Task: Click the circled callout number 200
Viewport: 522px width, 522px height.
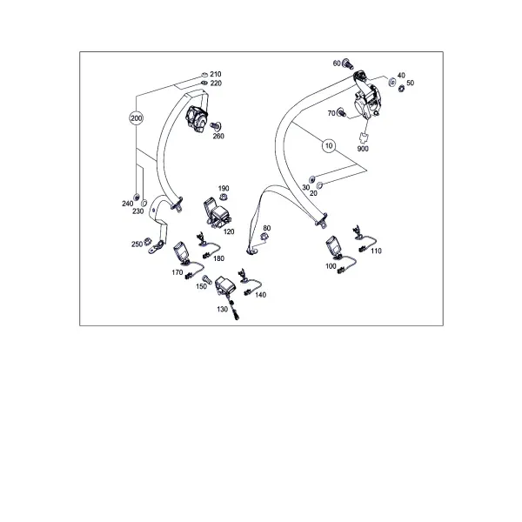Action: pos(137,118)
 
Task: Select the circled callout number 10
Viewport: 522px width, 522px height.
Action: pos(329,146)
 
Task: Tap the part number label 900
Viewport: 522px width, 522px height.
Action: pos(363,149)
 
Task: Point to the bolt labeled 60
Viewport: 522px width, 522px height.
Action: pos(347,64)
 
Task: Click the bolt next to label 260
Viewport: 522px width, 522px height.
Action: pos(217,126)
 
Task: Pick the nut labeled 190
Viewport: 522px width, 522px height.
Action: pos(224,197)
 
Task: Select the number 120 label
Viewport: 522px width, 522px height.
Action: pos(229,231)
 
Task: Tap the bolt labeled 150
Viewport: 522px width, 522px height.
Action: pos(207,279)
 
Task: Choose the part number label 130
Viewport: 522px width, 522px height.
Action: pos(223,309)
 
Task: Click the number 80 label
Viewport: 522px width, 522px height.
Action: pos(267,228)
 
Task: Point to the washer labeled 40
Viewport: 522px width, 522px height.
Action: pos(392,82)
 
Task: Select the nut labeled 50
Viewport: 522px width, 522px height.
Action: pos(401,88)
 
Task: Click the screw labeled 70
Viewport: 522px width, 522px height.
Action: pos(341,112)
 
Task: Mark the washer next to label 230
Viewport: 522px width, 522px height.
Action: pos(144,203)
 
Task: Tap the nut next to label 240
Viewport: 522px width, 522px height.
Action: pos(137,197)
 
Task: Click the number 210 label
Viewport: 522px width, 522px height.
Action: pos(216,74)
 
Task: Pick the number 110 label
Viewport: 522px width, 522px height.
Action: pos(376,251)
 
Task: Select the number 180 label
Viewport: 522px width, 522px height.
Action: pos(218,258)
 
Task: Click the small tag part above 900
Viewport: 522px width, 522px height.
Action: pos(364,137)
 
